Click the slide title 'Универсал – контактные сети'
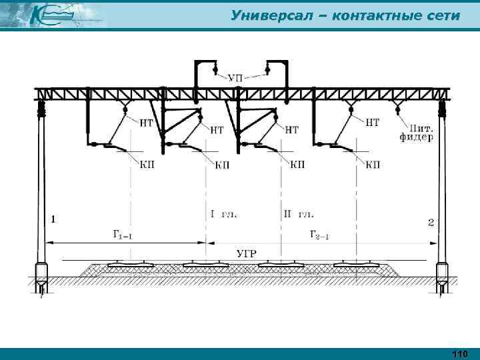click(x=345, y=15)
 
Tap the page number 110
click(x=460, y=353)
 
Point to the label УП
click(x=236, y=79)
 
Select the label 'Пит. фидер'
click(x=416, y=132)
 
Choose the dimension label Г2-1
click(x=320, y=234)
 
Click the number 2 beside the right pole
click(x=430, y=222)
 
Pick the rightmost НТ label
click(x=373, y=122)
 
